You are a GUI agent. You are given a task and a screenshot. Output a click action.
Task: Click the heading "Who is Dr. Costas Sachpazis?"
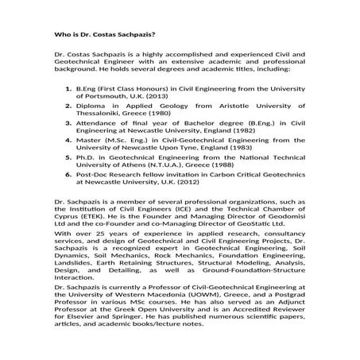[99, 36]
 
